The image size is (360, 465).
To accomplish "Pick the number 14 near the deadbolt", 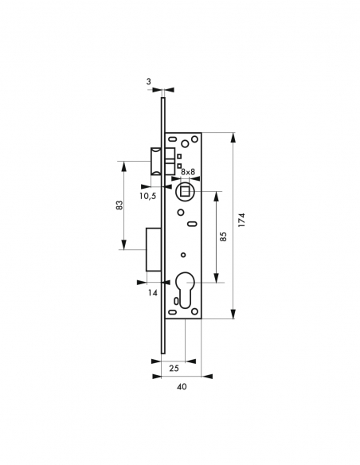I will click(152, 293).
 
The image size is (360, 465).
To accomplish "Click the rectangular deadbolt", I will click(155, 249).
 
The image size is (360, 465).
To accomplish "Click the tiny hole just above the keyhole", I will click(182, 255).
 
